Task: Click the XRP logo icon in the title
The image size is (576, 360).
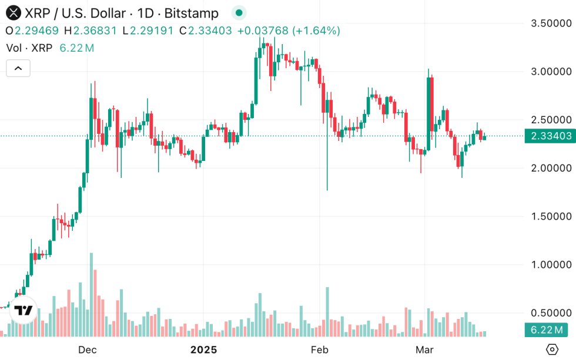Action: coord(13,13)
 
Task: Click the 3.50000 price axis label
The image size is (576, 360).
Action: coord(551,23)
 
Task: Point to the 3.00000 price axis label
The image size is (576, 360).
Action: coord(551,72)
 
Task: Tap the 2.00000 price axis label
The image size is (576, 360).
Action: coord(551,168)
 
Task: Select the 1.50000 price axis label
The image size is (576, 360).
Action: coord(551,216)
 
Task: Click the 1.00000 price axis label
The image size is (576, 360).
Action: coord(551,264)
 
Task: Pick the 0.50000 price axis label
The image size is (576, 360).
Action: coord(551,312)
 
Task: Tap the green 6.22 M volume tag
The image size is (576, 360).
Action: coord(547,330)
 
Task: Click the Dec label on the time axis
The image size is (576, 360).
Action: coord(88,350)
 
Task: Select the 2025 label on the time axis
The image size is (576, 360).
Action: coord(203,350)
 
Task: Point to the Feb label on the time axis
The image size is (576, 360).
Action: coord(319,350)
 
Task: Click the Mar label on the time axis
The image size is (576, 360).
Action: coord(424,350)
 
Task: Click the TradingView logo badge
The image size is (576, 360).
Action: coord(24,311)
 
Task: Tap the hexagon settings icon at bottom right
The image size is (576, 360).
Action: coord(552,349)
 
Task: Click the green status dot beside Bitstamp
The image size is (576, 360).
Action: coord(238,13)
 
